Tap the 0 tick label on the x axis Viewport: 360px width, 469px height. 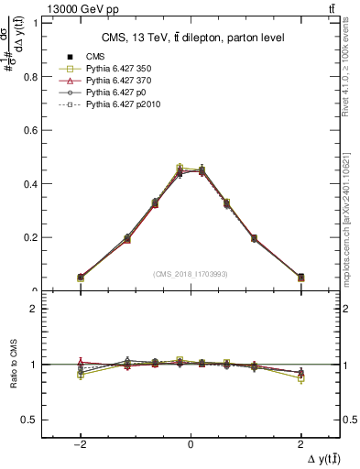pyautogui.click(x=191, y=444)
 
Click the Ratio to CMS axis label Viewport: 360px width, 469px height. pyautogui.click(x=15, y=365)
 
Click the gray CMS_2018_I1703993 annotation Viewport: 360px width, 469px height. pyautogui.click(x=191, y=274)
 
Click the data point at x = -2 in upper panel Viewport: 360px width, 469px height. pyautogui.click(x=81, y=277)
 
